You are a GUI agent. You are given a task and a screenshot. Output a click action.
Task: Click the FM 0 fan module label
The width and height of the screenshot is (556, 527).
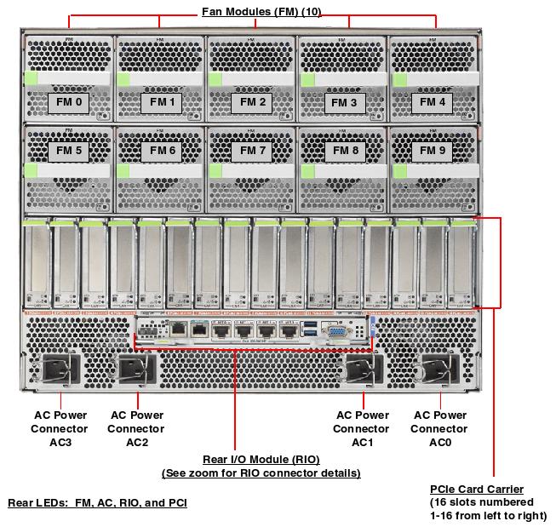pyautogui.click(x=67, y=102)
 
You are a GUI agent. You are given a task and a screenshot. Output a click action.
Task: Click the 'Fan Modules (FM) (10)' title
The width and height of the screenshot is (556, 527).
pyautogui.click(x=261, y=12)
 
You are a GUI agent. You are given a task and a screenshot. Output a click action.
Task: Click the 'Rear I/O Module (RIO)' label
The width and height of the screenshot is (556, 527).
pyautogui.click(x=261, y=460)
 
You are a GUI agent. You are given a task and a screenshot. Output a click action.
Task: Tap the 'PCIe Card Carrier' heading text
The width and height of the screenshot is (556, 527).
pyautogui.click(x=477, y=489)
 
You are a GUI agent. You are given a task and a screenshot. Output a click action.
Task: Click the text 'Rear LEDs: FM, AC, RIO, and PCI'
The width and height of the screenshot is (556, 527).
pyautogui.click(x=97, y=503)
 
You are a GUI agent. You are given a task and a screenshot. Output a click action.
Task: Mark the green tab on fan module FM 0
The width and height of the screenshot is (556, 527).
pyautogui.click(x=33, y=79)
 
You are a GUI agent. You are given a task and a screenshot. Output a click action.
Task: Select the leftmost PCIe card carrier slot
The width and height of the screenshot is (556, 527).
pyautogui.click(x=37, y=264)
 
